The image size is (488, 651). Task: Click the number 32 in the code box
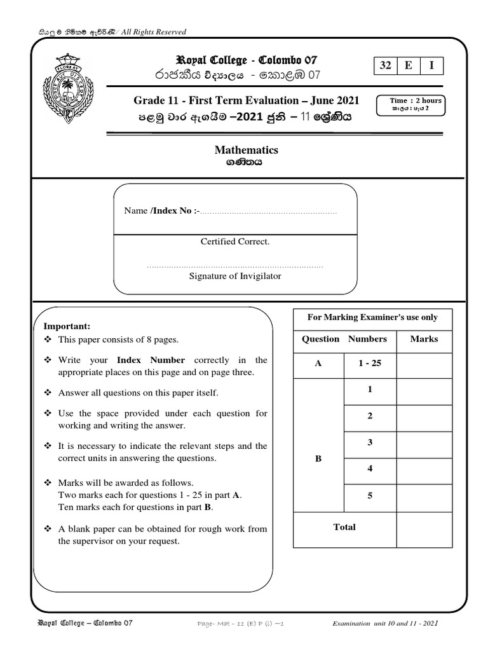(386, 66)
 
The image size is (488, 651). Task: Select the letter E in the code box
(409, 66)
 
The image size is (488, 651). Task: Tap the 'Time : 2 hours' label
(416, 100)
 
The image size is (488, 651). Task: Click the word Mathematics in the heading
(247, 150)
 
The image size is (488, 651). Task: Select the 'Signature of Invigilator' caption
(235, 276)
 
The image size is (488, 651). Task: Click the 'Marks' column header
(424, 339)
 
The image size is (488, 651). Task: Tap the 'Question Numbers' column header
(344, 339)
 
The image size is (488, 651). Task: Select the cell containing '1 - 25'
(369, 364)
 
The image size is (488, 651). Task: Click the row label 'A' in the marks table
(318, 364)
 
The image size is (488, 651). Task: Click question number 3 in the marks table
(369, 442)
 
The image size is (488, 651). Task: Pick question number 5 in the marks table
(369, 495)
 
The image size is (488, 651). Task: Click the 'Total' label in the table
(344, 527)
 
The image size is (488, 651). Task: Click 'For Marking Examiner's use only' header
(372, 317)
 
